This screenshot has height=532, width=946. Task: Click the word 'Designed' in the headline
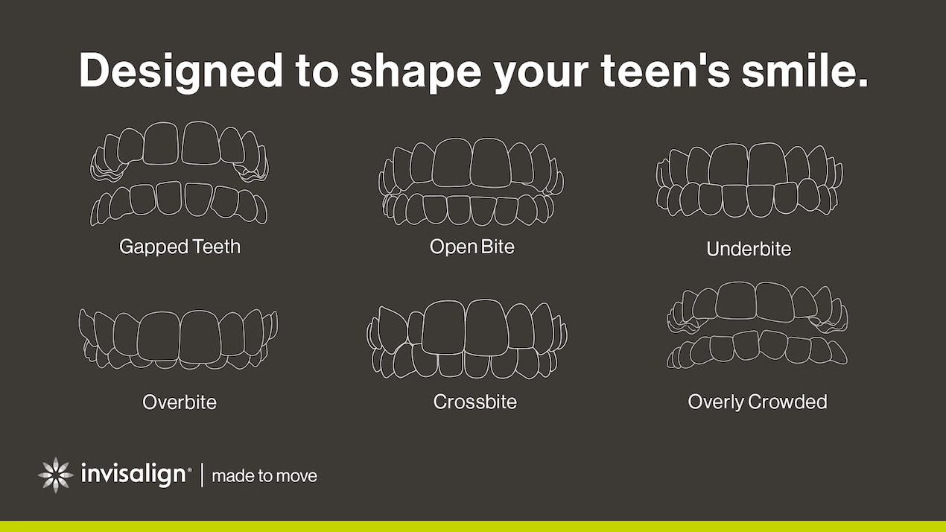click(x=181, y=72)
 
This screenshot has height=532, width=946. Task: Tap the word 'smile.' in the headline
click(x=805, y=70)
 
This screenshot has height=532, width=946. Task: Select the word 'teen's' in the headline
click(x=666, y=70)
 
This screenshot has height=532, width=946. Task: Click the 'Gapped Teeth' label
click(x=180, y=247)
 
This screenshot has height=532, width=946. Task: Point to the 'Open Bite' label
click(x=472, y=247)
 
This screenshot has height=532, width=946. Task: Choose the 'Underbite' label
click(x=749, y=249)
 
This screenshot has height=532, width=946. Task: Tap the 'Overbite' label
click(x=180, y=402)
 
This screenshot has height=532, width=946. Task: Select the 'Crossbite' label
click(x=475, y=402)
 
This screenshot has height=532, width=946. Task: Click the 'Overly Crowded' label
click(x=758, y=402)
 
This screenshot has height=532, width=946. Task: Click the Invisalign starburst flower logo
click(x=55, y=475)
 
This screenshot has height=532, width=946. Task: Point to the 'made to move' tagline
click(x=264, y=476)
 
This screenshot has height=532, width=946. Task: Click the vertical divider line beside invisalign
click(x=203, y=475)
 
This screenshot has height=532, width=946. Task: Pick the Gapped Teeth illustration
click(x=179, y=174)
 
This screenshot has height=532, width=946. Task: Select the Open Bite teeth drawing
click(x=471, y=182)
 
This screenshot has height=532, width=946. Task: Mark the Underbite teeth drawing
click(x=749, y=180)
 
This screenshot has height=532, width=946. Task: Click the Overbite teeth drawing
click(x=178, y=340)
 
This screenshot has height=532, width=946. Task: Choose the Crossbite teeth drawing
click(x=467, y=339)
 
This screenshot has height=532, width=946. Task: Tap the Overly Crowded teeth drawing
click(x=758, y=325)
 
